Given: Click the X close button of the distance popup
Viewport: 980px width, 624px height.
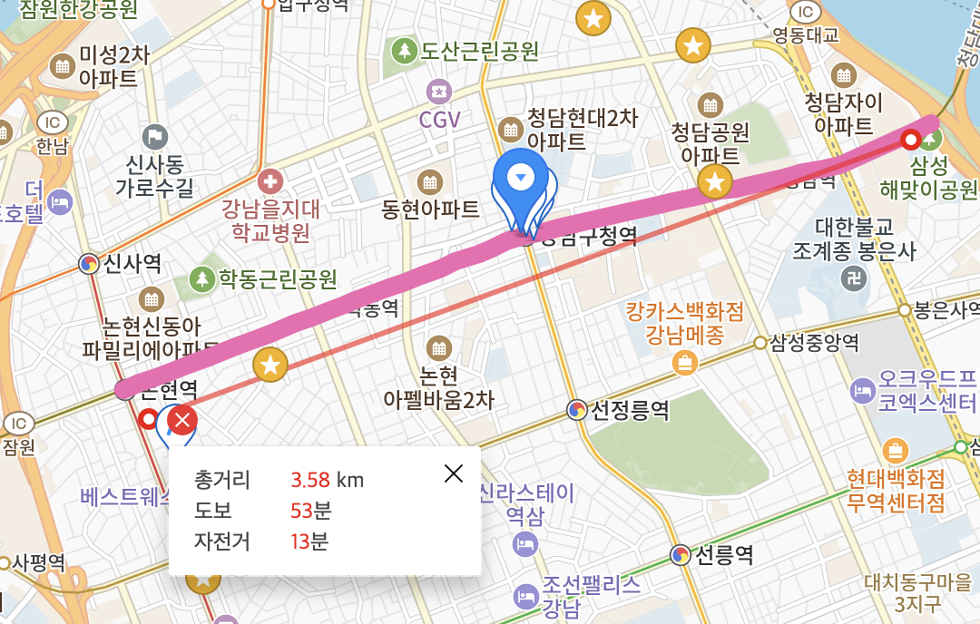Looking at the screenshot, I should coord(454,473).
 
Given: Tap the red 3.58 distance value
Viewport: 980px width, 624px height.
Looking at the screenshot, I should coord(309,479).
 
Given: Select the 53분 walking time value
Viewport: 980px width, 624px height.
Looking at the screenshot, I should coord(311,510).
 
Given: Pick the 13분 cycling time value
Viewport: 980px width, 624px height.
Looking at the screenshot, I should coord(309,541).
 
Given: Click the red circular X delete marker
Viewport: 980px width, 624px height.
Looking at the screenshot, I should coord(183,420).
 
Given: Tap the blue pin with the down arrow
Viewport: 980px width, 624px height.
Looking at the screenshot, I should coord(520,178).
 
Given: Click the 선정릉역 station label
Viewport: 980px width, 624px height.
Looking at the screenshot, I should coord(630,410).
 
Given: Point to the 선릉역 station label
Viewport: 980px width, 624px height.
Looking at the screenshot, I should coord(724,554).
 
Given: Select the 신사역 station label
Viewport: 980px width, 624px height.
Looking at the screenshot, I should coord(132,264).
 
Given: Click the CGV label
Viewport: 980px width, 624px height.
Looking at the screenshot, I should coord(440,119).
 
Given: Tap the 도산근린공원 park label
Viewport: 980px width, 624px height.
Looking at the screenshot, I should coord(479,51).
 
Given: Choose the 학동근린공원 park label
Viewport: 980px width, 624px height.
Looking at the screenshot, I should coord(277,278).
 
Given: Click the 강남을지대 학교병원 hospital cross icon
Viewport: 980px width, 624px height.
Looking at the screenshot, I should coord(269,180).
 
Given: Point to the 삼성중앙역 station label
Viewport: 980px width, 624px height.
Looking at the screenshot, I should coord(814,342).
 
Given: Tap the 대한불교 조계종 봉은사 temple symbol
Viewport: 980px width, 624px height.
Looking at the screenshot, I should coord(853,278).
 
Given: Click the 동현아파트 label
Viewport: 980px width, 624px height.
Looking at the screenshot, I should coord(431,210).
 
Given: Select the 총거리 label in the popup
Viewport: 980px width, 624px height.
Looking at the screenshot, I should coord(221,479).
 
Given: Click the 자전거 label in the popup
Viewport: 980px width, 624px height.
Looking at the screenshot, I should coord(221,541).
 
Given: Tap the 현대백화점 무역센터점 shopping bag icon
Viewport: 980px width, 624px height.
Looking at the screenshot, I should coord(896,450).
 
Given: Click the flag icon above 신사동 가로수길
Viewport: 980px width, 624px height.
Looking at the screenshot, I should coord(155,137).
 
